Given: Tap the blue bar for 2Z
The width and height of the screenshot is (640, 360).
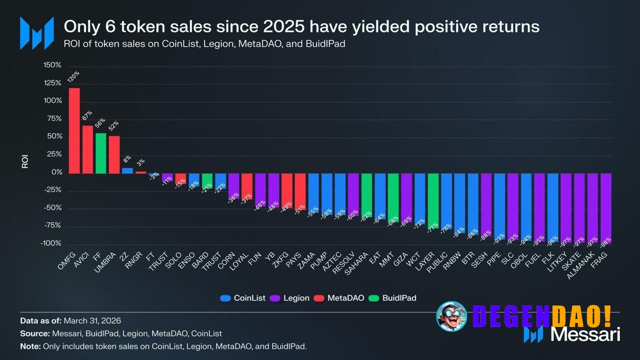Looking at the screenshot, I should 127,170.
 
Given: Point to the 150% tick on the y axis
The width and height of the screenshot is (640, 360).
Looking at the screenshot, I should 52,65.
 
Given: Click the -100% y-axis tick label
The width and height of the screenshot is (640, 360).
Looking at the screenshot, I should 51,243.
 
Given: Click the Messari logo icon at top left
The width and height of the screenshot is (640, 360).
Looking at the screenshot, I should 36,33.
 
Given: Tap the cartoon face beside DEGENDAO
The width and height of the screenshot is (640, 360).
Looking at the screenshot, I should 451,316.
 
